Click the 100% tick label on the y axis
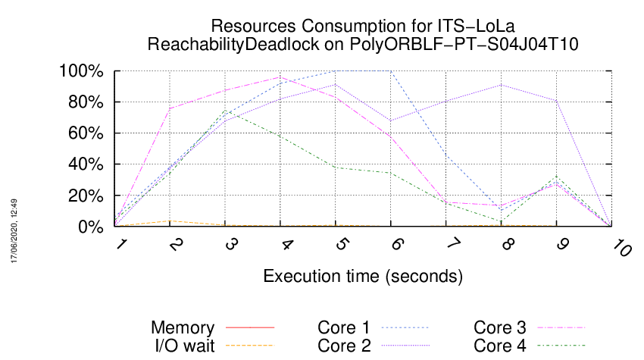pyautogui.click(x=81, y=71)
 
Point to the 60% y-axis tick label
pyautogui.click(x=86, y=133)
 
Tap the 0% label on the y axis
pyautogui.click(x=90, y=227)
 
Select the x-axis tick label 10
pyautogui.click(x=621, y=249)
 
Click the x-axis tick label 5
pyautogui.click(x=341, y=245)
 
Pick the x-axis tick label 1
pyautogui.click(x=120, y=244)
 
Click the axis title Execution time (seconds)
pyautogui.click(x=363, y=276)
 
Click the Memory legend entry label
pyautogui.click(x=183, y=327)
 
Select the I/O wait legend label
pyautogui.click(x=185, y=346)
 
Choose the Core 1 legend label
pyautogui.click(x=344, y=327)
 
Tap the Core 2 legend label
pyautogui.click(x=344, y=346)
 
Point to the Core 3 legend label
pyautogui.click(x=500, y=327)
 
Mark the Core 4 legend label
pyautogui.click(x=500, y=346)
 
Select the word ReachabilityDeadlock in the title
pyautogui.click(x=233, y=44)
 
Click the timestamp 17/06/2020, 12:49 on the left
pyautogui.click(x=14, y=231)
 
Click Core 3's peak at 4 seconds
pyautogui.click(x=280, y=77)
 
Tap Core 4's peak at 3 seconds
pyautogui.click(x=225, y=111)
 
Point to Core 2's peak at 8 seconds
pyautogui.click(x=502, y=85)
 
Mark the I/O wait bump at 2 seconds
pyautogui.click(x=170, y=221)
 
